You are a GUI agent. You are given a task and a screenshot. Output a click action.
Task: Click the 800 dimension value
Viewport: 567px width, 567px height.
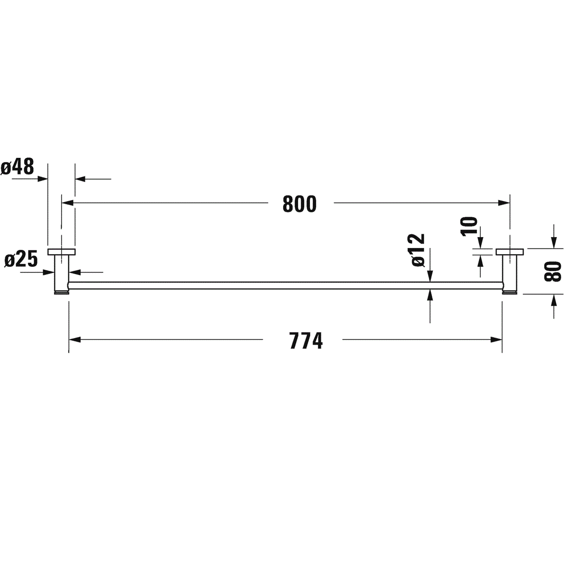pos(299,204)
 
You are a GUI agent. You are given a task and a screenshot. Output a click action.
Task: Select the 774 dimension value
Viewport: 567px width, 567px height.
pos(306,340)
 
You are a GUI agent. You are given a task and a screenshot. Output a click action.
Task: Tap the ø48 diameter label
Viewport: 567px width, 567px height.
pos(18,167)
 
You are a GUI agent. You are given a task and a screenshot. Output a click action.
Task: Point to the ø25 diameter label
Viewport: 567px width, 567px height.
pos(21,260)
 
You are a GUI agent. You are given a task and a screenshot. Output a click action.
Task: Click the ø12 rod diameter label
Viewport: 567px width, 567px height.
pos(418,250)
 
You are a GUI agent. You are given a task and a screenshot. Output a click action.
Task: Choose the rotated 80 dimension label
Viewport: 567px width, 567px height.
pos(553,271)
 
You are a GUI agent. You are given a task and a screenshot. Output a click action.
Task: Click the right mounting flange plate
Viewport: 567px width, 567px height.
pos(510,251)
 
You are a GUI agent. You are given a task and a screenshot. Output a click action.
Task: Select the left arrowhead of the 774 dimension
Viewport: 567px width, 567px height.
pos(75,339)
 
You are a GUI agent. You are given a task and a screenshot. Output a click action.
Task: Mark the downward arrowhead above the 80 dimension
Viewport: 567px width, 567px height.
pos(553,243)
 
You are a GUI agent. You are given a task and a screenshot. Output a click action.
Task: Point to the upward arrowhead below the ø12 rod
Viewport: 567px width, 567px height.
pos(430,294)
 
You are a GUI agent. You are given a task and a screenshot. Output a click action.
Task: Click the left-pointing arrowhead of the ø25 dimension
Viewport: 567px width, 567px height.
pos(74,272)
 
